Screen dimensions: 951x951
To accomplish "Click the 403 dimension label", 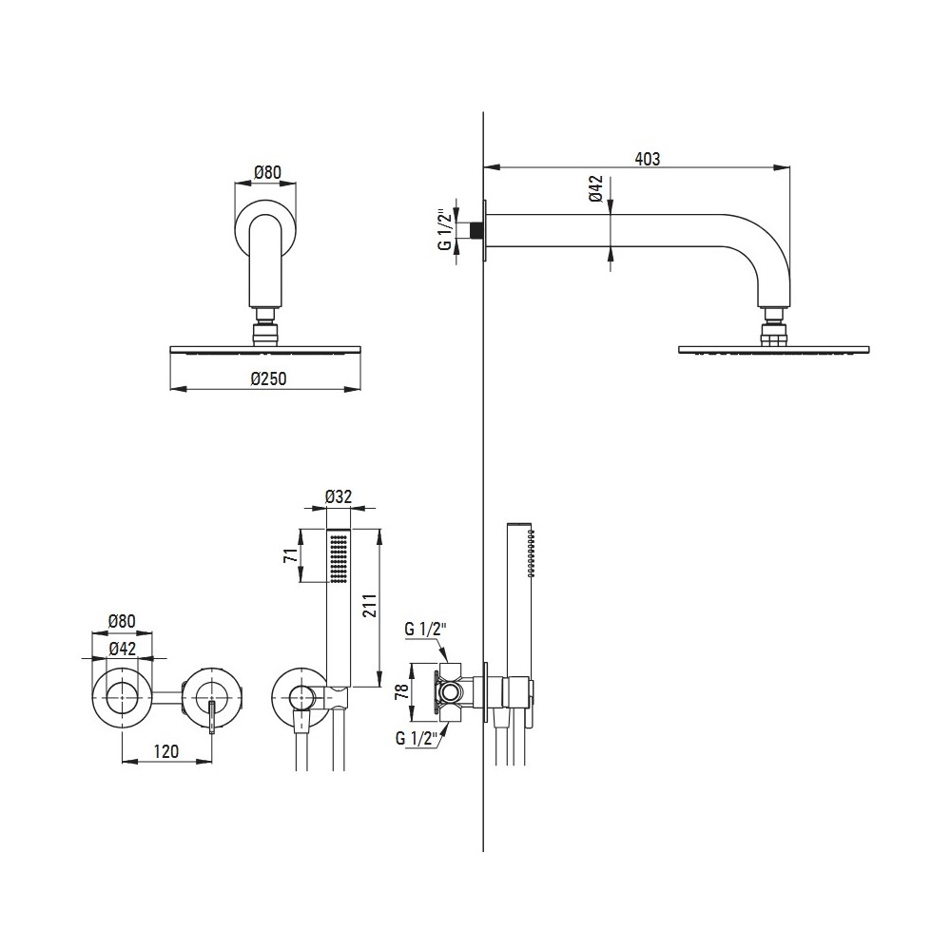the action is click(x=647, y=159).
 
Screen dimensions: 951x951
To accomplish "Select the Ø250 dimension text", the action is click(x=268, y=379).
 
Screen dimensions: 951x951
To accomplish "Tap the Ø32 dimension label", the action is click(x=339, y=496).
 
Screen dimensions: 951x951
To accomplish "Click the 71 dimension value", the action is click(x=292, y=555).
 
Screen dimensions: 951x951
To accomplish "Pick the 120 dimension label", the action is click(x=166, y=751).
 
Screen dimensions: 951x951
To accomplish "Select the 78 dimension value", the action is click(x=402, y=692).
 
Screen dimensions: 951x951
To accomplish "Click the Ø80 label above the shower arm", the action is click(x=267, y=173).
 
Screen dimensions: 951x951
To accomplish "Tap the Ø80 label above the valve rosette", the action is click(x=122, y=622).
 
